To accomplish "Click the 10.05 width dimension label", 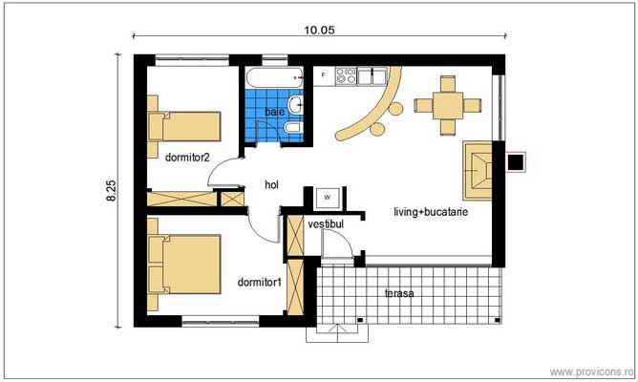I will point(319,30).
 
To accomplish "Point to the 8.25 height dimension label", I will point(112,190).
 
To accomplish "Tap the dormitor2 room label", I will point(187,156).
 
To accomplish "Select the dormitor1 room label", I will point(259,282).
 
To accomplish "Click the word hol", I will point(271,185).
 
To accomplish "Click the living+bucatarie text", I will point(430,214).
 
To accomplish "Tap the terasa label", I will point(399,293).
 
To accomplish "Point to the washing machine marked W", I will point(327,196).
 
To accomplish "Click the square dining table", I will point(445,106).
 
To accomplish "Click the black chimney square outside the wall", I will point(516,162).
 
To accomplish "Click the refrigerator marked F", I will point(325,74).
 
